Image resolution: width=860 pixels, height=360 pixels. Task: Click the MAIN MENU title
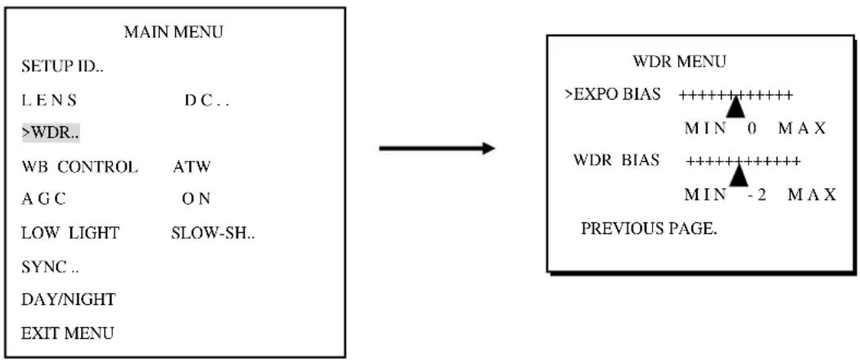tap(173, 33)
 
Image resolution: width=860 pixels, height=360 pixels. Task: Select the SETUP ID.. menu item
tap(63, 67)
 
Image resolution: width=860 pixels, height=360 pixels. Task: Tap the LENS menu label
tap(49, 101)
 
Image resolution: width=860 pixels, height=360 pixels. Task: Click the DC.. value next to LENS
tap(207, 101)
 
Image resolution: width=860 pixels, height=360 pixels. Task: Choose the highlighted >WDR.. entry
tap(51, 133)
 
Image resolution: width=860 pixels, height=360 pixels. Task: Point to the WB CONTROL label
tap(79, 167)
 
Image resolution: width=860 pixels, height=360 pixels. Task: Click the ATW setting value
tap(191, 167)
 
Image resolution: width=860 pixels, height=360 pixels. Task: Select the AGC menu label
tap(44, 199)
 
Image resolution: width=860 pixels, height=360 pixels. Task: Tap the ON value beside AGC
tap(196, 199)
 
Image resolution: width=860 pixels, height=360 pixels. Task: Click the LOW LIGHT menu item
tap(70, 233)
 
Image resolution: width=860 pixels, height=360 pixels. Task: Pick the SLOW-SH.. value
tap(213, 233)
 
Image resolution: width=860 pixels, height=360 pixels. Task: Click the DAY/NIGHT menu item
tap(69, 299)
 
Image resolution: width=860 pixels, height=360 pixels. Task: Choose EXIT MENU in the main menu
tap(68, 332)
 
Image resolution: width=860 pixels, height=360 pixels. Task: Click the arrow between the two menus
tap(437, 148)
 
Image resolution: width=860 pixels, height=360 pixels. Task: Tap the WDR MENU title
tap(679, 61)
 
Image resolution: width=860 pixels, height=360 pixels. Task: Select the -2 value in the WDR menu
tap(757, 195)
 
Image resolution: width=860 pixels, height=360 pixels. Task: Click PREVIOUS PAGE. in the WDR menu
tap(649, 228)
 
